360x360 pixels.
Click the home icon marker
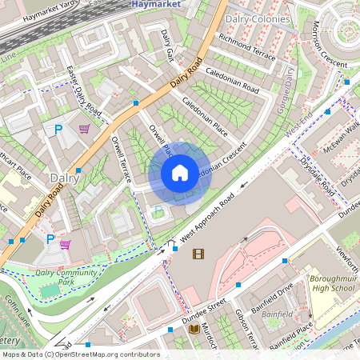(x=180, y=173)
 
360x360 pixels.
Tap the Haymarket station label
(x=156, y=5)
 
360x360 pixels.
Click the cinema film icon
(x=198, y=254)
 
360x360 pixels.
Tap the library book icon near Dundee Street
(x=194, y=329)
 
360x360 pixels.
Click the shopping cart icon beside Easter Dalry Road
(x=84, y=129)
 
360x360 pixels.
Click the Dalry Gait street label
(x=167, y=43)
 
